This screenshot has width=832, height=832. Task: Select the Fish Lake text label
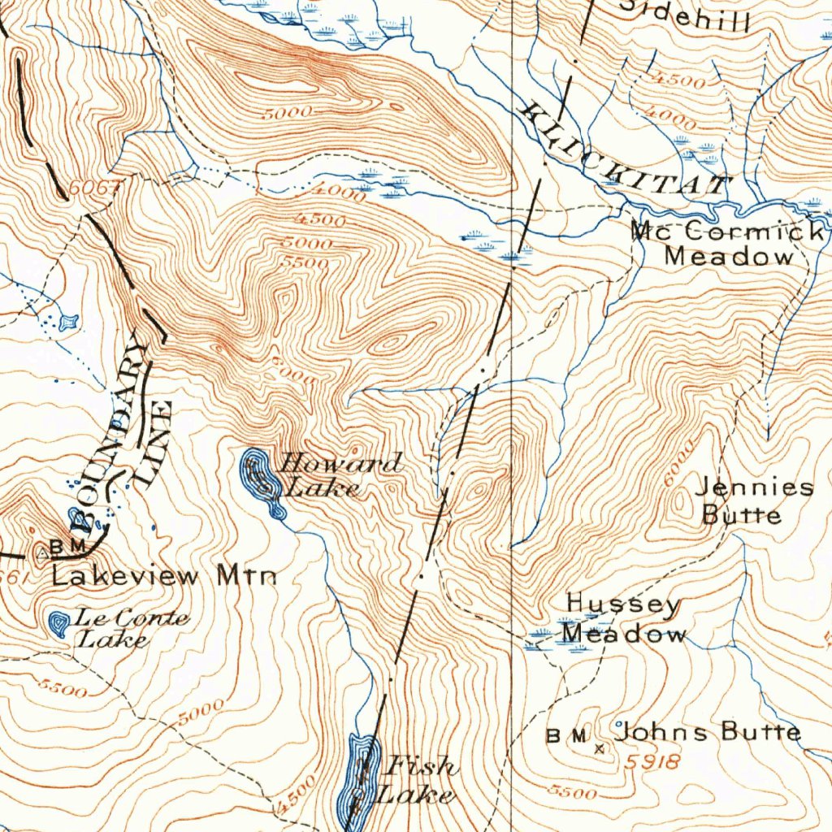(x=418, y=779)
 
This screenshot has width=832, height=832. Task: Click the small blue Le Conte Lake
(x=58, y=623)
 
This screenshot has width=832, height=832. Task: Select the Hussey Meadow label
(x=623, y=618)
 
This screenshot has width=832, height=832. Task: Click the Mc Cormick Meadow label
(x=727, y=244)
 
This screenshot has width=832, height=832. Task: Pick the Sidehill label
(x=695, y=15)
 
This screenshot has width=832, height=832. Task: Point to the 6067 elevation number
(x=95, y=187)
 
